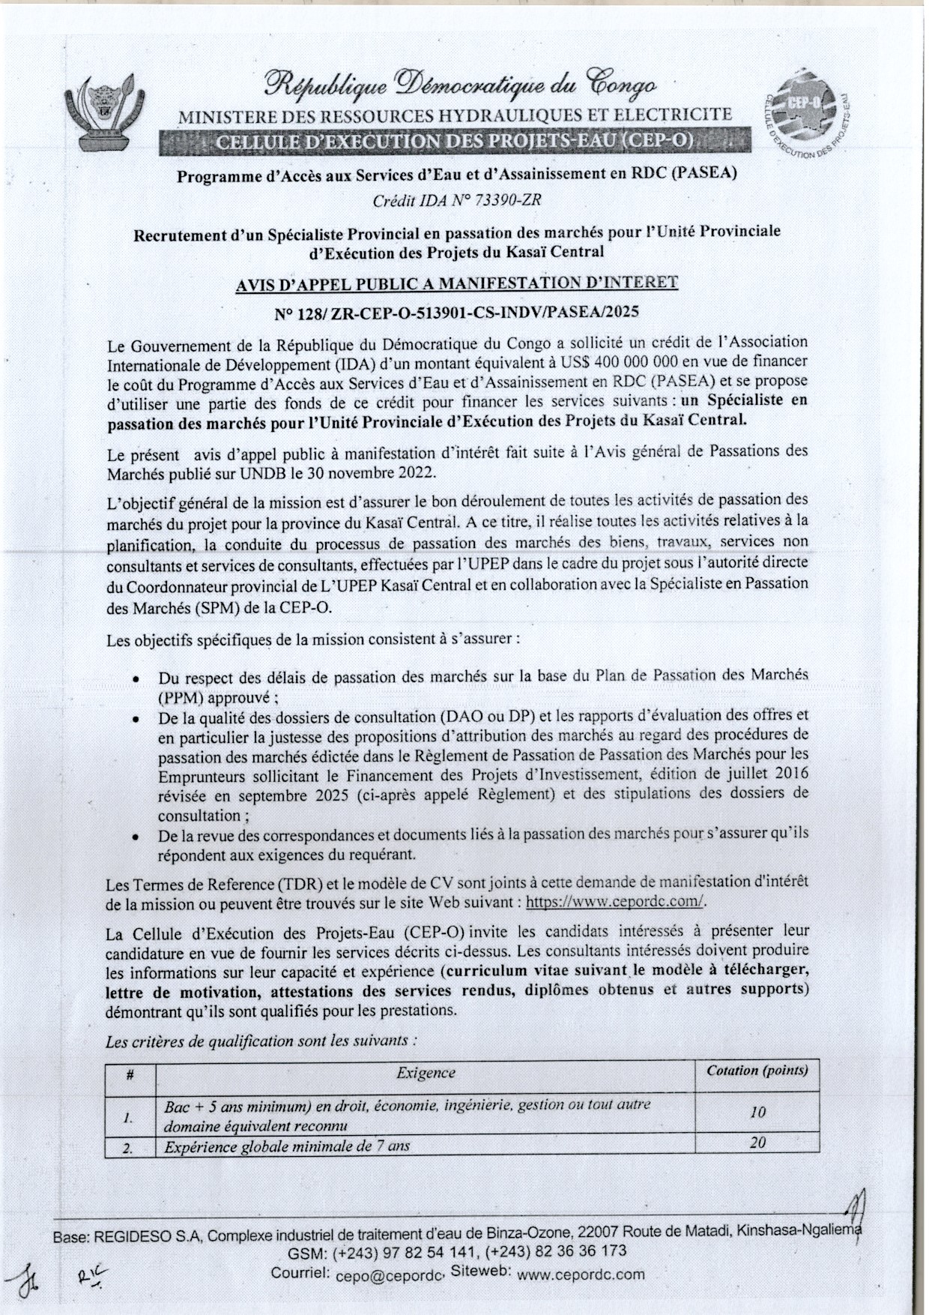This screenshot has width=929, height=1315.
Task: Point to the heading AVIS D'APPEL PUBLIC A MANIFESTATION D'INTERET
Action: coord(456,283)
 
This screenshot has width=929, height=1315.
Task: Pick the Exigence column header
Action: coord(426,1073)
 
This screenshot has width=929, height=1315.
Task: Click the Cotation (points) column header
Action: coord(757,1071)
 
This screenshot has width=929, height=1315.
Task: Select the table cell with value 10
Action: coord(757,1113)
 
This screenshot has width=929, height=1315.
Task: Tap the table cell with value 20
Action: coord(757,1143)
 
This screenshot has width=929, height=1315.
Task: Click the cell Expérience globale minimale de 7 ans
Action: coord(287,1146)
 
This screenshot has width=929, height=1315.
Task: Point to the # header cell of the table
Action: coord(130,1074)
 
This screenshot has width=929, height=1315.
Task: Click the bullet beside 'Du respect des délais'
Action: coord(136,679)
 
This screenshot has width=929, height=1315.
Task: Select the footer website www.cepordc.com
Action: coord(581,1274)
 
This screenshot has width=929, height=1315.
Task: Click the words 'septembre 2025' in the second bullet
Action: coord(288,795)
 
